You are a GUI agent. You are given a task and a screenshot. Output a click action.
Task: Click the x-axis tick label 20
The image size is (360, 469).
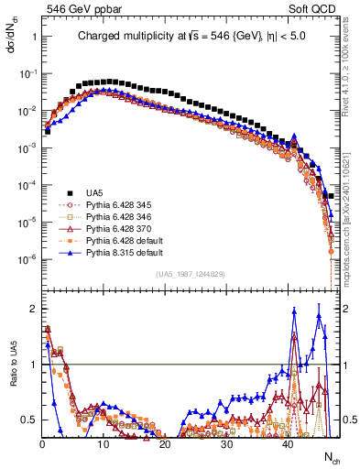[x=164, y=443]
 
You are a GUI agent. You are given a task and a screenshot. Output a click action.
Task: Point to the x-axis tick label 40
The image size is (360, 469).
[x=287, y=443]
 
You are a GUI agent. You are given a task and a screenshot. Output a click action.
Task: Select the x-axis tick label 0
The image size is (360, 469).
[x=42, y=443]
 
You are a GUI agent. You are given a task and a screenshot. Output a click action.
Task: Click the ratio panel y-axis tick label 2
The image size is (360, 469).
[x=33, y=308]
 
